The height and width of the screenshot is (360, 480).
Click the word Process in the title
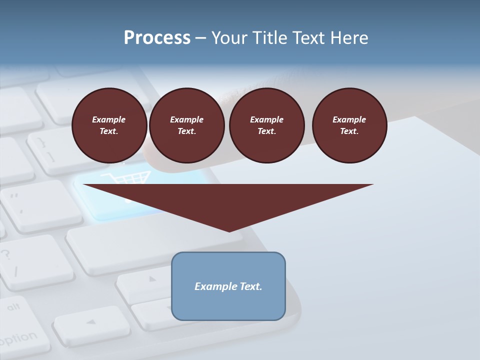pyautogui.click(x=157, y=38)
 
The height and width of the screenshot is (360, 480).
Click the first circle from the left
pyautogui.click(x=109, y=125)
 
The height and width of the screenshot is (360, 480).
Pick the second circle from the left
pyautogui.click(x=186, y=125)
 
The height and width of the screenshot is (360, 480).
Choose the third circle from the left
pyautogui.click(x=266, y=125)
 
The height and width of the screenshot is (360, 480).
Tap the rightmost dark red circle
pyautogui.click(x=349, y=125)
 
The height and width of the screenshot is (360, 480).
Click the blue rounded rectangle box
pyautogui.click(x=228, y=286)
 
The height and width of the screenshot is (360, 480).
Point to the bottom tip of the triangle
pyautogui.click(x=229, y=231)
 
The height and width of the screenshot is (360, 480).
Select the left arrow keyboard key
pyautogui.click(x=90, y=322)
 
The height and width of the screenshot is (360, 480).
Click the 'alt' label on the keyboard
pyautogui.click(x=13, y=306)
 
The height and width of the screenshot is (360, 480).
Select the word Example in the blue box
pyautogui.click(x=212, y=286)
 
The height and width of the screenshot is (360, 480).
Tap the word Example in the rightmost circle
pyautogui.click(x=349, y=119)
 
